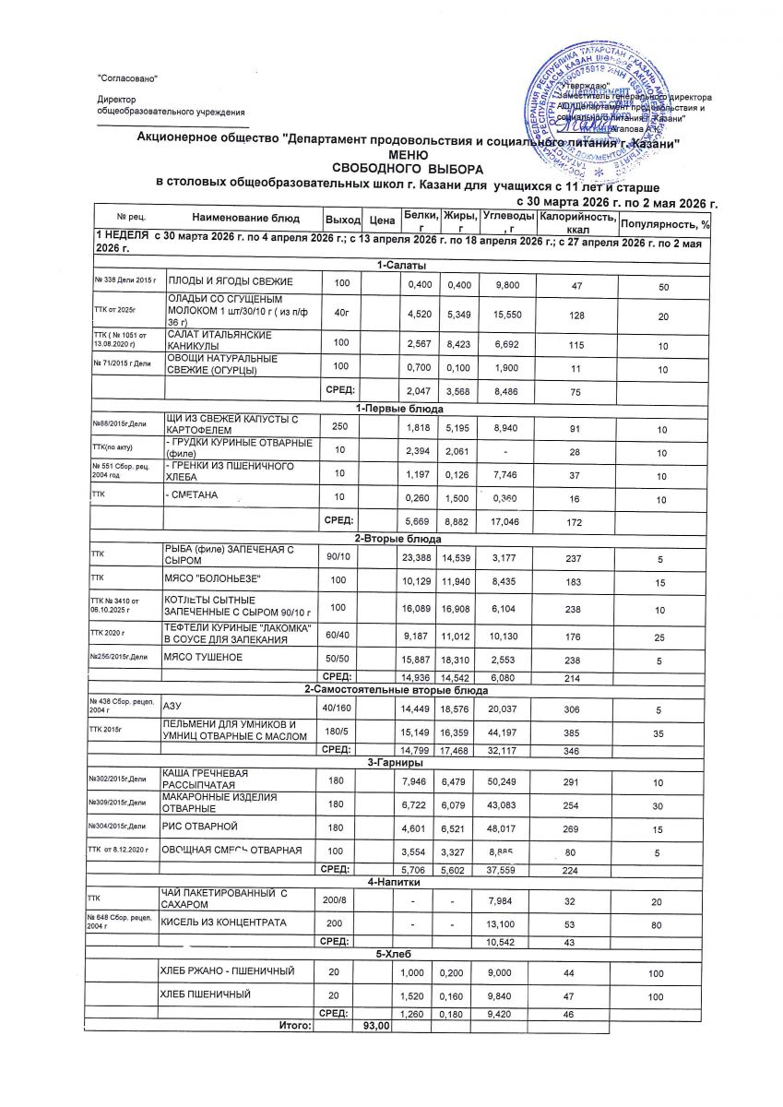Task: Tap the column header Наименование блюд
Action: pyautogui.click(x=246, y=218)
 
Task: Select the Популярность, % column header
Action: pyautogui.click(x=664, y=223)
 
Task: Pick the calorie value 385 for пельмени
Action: pyautogui.click(x=575, y=730)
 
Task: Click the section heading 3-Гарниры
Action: pyautogui.click(x=396, y=763)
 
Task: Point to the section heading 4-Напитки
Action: pyautogui.click(x=396, y=883)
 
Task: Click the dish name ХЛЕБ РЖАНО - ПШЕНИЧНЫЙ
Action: pyautogui.click(x=228, y=972)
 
